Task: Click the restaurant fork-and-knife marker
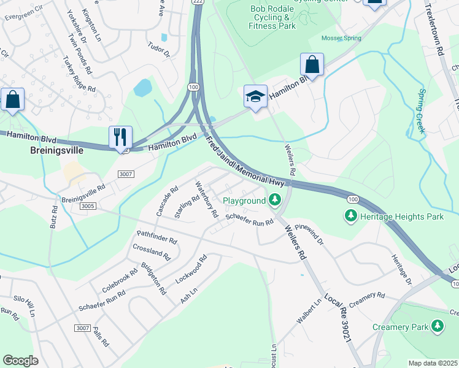point(120,137)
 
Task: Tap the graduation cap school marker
point(255,96)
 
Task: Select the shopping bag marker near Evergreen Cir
point(12,99)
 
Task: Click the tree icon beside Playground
point(275,199)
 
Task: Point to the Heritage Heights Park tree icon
point(350,216)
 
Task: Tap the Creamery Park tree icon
point(437,326)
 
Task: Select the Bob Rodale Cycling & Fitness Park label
point(273,18)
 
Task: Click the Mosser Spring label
point(341,38)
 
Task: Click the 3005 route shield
point(87,207)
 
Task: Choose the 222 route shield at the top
point(197,2)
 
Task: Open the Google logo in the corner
point(20,361)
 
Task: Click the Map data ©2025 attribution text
point(432,363)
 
